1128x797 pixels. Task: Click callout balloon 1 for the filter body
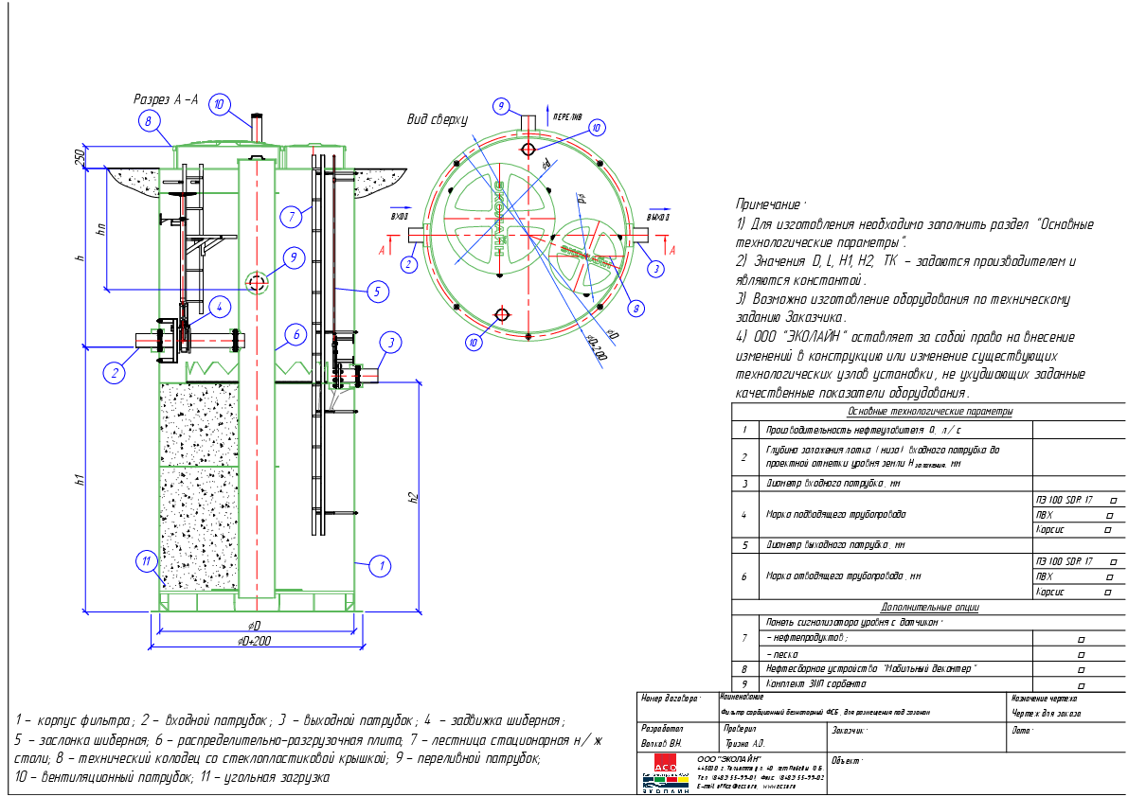[x=380, y=567]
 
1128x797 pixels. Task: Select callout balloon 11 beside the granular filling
[x=146, y=561]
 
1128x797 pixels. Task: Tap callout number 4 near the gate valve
[x=218, y=307]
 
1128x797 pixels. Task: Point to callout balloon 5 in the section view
[x=376, y=292]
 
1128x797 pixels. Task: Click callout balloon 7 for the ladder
[x=293, y=217]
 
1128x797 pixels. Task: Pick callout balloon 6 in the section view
[x=295, y=334]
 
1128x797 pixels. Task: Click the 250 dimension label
[x=81, y=155]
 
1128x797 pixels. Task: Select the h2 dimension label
[x=413, y=497]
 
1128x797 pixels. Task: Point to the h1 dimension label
[x=81, y=479]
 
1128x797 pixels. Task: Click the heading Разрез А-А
[x=166, y=99]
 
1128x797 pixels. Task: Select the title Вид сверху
[x=438, y=119]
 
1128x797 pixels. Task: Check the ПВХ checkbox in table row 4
[x=1109, y=515]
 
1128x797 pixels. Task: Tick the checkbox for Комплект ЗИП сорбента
[x=1081, y=683]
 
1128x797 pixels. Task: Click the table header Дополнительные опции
[x=929, y=607]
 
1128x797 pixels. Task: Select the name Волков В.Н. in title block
[x=662, y=745]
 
